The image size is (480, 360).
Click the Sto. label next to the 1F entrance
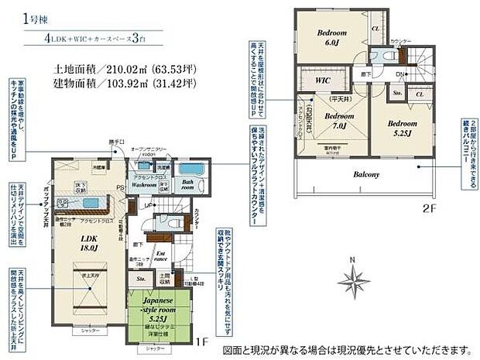pos(141,276)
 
